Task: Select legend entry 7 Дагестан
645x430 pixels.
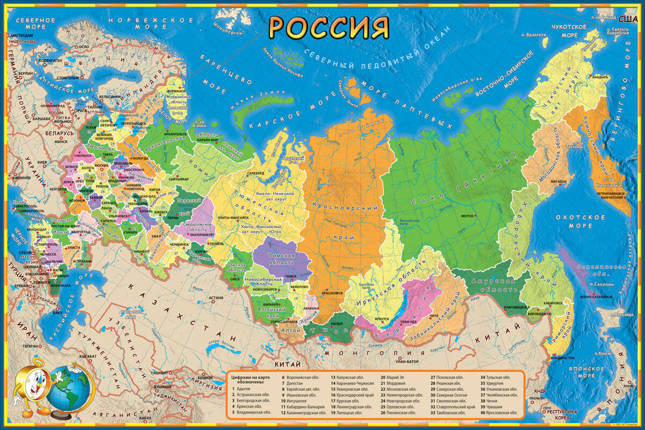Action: pos(297,384)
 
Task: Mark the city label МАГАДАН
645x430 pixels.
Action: pos(558,182)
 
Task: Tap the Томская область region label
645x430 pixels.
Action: pos(283,259)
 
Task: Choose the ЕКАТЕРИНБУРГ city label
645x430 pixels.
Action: pos(202,234)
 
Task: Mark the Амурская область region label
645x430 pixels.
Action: pos(490,286)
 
